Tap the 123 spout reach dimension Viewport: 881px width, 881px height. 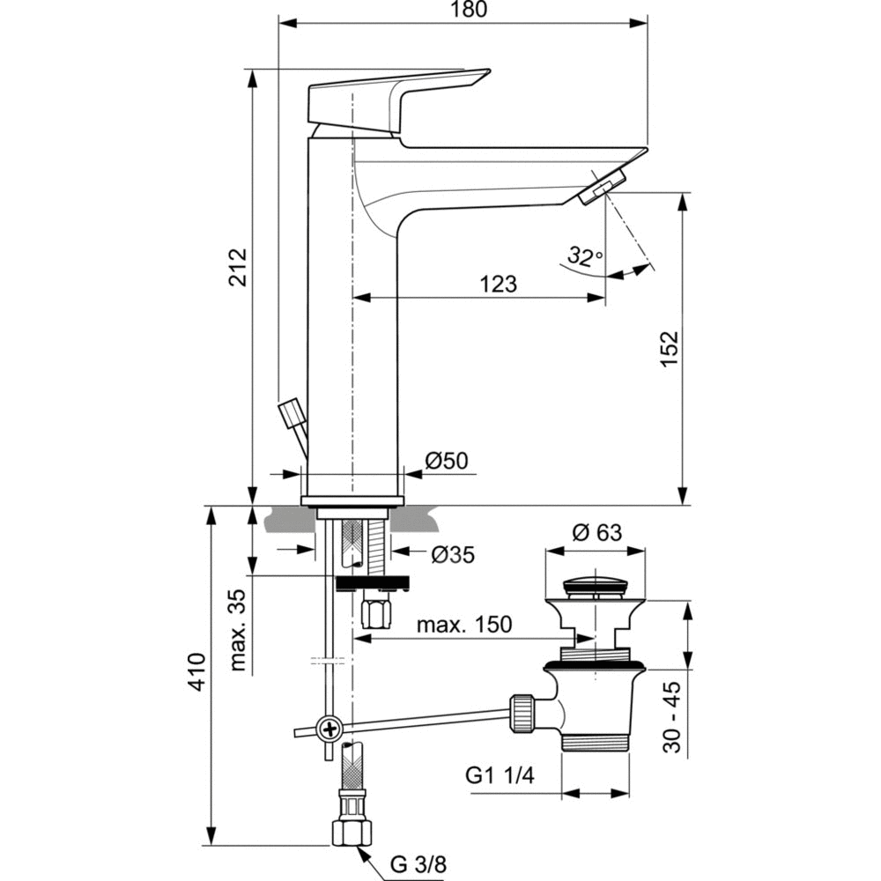tap(498, 284)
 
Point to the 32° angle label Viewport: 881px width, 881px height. tap(584, 257)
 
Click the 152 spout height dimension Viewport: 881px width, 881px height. tap(670, 351)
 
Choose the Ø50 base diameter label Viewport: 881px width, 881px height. tap(447, 461)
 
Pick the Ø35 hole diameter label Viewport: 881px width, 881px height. tap(453, 554)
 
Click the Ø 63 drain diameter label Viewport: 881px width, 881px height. tap(596, 533)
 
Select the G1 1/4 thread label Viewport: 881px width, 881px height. tap(500, 776)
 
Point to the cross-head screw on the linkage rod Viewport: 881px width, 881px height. tap(330, 728)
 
